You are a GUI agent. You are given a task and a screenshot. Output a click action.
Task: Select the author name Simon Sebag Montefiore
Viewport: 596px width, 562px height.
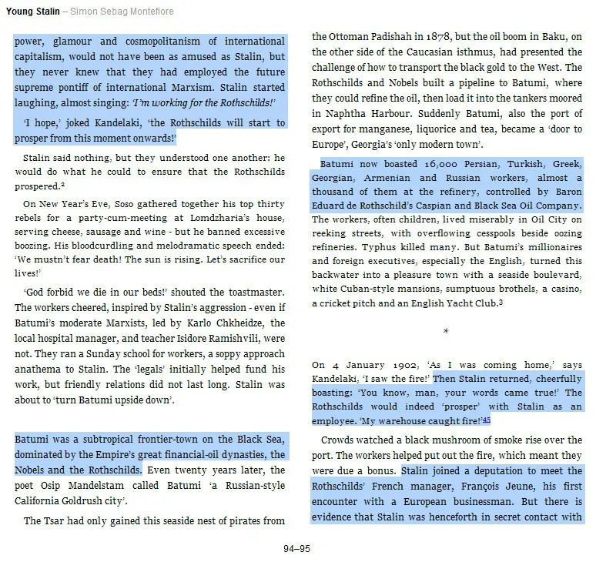point(123,12)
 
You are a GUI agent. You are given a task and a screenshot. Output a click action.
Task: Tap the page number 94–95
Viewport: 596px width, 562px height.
point(296,549)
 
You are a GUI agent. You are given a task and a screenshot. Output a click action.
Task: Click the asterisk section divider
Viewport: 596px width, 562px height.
point(446,331)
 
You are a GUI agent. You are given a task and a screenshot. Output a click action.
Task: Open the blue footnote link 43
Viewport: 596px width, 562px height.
point(487,420)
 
